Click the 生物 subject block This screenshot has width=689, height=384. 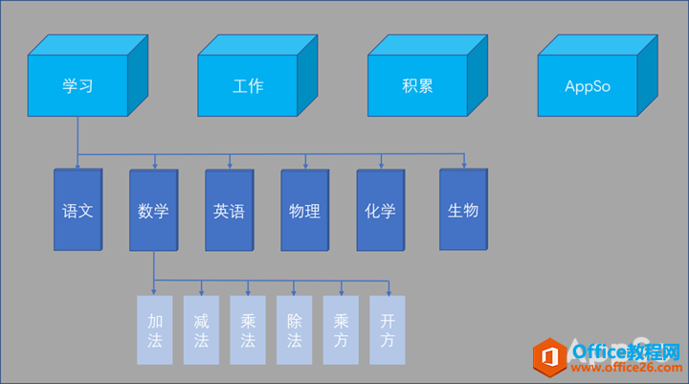463,211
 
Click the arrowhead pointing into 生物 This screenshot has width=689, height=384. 464,164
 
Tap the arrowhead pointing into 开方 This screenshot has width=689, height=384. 389,291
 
